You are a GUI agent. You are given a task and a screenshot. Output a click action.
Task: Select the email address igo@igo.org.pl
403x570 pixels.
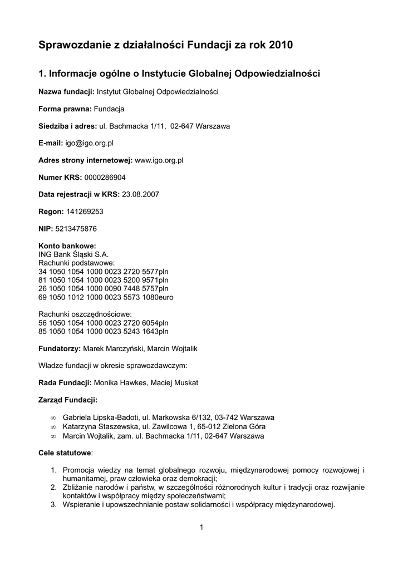click(x=89, y=143)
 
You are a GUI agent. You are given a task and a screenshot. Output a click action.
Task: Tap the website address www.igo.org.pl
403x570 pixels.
click(x=159, y=160)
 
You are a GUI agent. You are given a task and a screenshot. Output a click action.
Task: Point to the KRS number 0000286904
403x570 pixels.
click(x=105, y=177)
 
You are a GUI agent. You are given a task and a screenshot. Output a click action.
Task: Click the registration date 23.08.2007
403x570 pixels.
click(x=140, y=194)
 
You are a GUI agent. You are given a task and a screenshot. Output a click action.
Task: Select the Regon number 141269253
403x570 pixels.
click(x=85, y=212)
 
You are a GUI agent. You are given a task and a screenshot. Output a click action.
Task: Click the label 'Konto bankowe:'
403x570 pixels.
click(x=67, y=246)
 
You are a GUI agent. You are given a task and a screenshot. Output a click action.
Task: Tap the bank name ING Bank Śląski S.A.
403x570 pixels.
click(x=70, y=254)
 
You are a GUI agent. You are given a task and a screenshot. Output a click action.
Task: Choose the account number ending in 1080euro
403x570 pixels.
click(x=106, y=297)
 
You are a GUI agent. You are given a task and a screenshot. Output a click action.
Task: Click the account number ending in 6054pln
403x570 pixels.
click(x=103, y=323)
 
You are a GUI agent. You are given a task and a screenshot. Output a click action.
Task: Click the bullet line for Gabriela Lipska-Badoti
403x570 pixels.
click(x=168, y=417)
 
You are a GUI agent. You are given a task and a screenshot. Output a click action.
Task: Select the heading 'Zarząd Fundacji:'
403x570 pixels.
click(x=68, y=400)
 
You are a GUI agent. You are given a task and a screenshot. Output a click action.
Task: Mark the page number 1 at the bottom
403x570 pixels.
click(x=202, y=528)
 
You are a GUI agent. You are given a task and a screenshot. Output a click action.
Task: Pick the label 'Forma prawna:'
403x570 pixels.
click(x=65, y=109)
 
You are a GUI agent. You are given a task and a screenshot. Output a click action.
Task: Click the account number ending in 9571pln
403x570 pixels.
click(x=103, y=280)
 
